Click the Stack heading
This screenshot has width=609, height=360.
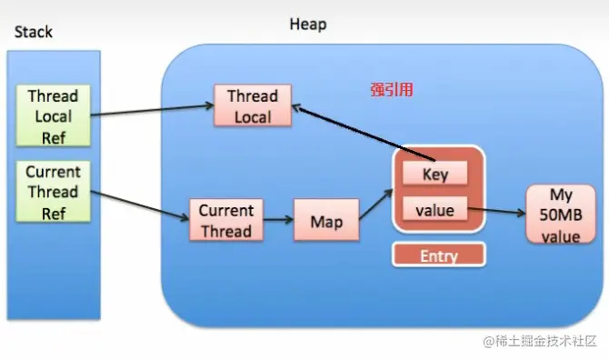pyautogui.click(x=34, y=32)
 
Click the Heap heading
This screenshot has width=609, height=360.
pyautogui.click(x=308, y=24)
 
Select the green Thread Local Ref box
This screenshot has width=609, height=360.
pyautogui.click(x=54, y=115)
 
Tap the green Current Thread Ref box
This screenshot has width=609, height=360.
pyautogui.click(x=54, y=192)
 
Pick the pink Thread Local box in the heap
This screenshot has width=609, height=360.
pyautogui.click(x=253, y=105)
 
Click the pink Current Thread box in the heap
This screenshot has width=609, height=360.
pyautogui.click(x=226, y=220)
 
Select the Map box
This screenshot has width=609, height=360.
pyautogui.click(x=326, y=220)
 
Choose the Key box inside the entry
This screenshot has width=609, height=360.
pyautogui.click(x=435, y=174)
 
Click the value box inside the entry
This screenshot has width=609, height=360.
pyautogui.click(x=435, y=209)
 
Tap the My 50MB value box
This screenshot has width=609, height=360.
pyautogui.click(x=561, y=215)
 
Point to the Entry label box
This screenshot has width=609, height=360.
pyautogui.click(x=439, y=255)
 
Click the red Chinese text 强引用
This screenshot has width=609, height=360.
pyautogui.click(x=392, y=90)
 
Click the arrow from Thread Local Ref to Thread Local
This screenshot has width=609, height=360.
pyautogui.click(x=153, y=110)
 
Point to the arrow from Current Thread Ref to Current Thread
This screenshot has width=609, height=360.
pyautogui.click(x=140, y=205)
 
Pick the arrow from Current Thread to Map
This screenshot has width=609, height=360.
pyautogui.click(x=278, y=220)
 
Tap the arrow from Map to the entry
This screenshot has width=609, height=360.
pyautogui.click(x=376, y=205)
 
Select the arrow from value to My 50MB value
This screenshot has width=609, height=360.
pyautogui.click(x=497, y=211)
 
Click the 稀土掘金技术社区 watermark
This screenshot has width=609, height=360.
pyautogui.click(x=540, y=341)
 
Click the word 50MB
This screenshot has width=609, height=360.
pyautogui.click(x=561, y=215)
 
